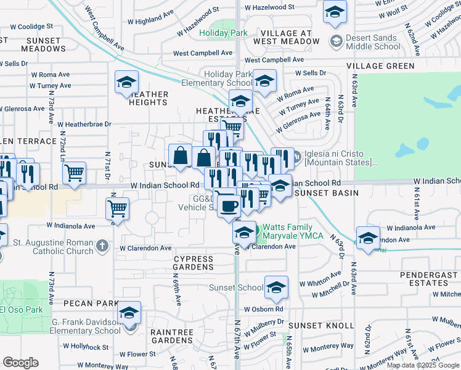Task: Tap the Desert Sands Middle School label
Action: pyautogui.click(x=373, y=42)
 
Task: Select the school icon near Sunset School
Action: pyautogui.click(x=276, y=286)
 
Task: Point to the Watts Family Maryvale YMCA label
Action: pyautogui.click(x=295, y=232)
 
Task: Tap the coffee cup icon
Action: pyautogui.click(x=229, y=205)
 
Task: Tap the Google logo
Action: pyautogui.click(x=20, y=363)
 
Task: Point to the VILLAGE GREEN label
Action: pyautogui.click(x=380, y=65)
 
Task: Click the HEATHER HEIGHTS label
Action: pyautogui.click(x=149, y=98)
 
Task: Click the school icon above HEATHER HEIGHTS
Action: pyautogui.click(x=126, y=81)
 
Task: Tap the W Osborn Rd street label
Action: pyautogui.click(x=263, y=309)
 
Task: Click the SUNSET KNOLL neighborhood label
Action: pyautogui.click(x=321, y=325)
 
